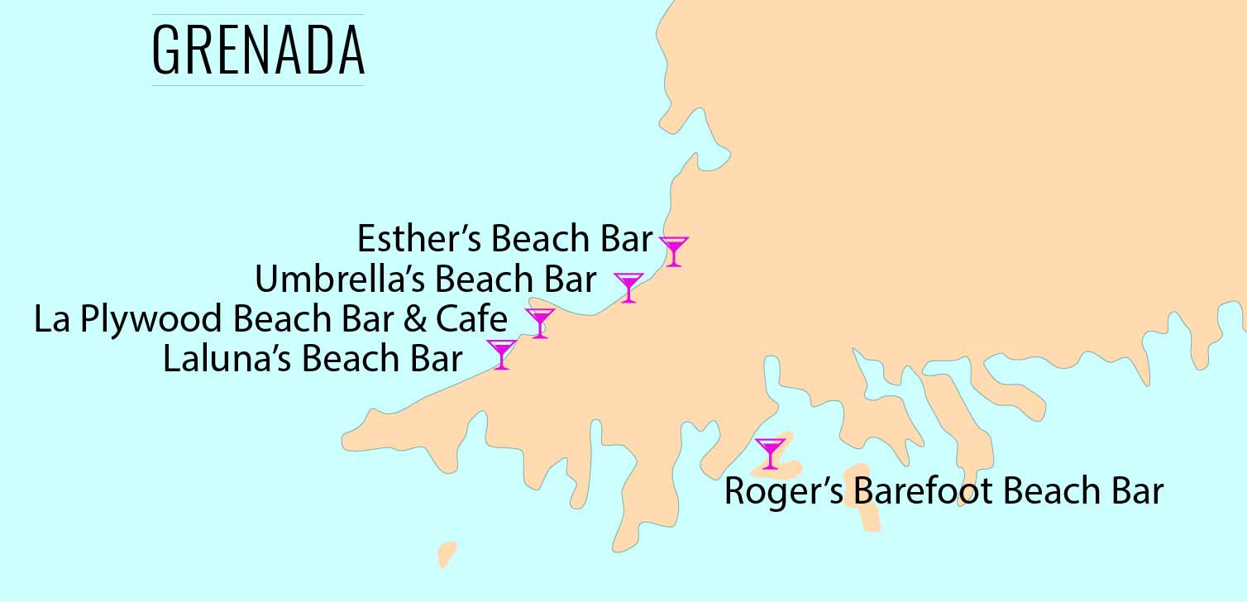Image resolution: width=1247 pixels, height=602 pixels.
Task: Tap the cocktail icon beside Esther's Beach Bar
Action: pyautogui.click(x=674, y=249)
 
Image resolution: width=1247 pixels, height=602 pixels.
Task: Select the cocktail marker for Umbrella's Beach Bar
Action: pyautogui.click(x=628, y=285)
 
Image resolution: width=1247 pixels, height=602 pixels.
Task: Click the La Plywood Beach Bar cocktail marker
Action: pyautogui.click(x=540, y=321)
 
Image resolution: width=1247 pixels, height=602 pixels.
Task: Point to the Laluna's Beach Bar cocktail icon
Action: pyautogui.click(x=501, y=352)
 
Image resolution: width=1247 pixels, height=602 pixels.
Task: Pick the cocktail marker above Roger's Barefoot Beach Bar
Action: pyautogui.click(x=771, y=452)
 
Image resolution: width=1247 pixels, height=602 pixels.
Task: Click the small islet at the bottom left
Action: pyautogui.click(x=447, y=553)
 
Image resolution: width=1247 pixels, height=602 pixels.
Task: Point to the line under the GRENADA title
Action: pyautogui.click(x=258, y=85)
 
